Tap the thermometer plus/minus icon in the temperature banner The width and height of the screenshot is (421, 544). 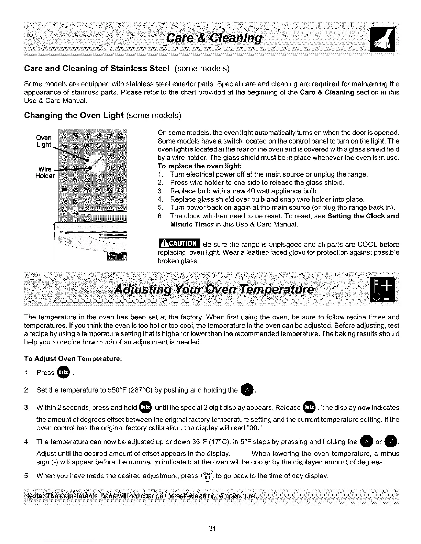tap(382, 290)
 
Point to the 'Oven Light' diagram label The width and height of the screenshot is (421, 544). tap(44, 141)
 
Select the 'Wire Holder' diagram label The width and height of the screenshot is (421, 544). tap(45, 173)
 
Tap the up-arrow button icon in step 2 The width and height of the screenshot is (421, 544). tap(247, 390)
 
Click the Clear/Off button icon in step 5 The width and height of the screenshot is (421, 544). tap(207, 476)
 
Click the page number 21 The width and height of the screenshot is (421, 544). tap(212, 529)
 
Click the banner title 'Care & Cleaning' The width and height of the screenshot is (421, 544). tap(214, 37)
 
